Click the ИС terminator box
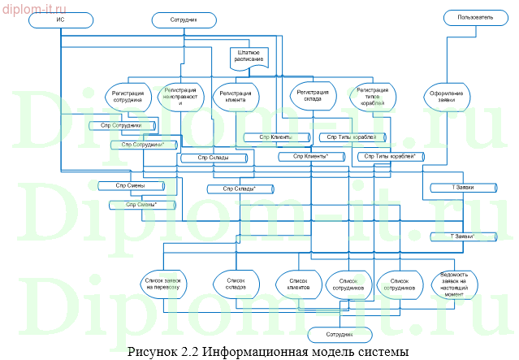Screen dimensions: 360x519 pos(61,18)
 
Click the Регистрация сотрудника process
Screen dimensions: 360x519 pos(128,98)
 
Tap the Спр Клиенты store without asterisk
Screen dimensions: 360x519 pos(276,137)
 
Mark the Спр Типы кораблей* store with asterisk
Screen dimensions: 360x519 pos(393,155)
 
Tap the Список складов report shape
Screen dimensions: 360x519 pos(236,283)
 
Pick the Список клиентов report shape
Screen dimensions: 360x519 pos(293,283)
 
